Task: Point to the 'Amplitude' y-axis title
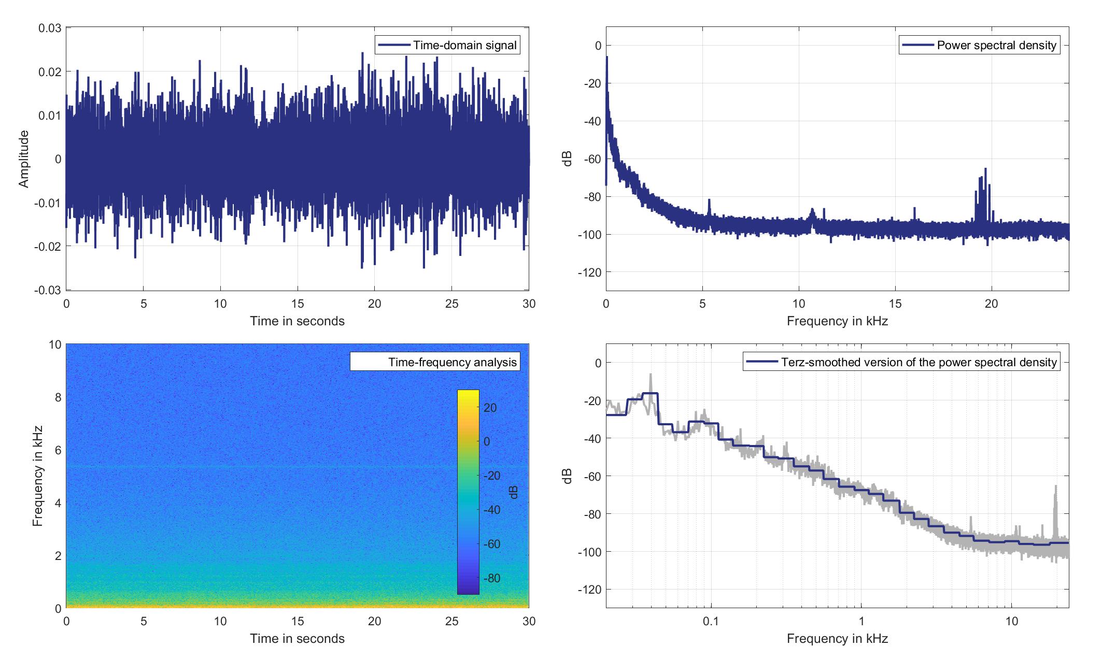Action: point(24,159)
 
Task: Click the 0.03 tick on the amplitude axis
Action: point(50,28)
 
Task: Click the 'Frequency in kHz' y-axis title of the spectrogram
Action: point(37,476)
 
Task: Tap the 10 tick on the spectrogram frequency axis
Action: point(54,345)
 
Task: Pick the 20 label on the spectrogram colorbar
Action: point(490,408)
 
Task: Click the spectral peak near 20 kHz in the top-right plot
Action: point(985,170)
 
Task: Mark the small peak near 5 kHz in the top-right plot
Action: point(709,200)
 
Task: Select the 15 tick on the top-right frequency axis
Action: point(895,304)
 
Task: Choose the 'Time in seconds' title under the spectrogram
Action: point(297,638)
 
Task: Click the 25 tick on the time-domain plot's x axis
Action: point(451,304)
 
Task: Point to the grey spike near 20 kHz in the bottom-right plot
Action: point(1055,487)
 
